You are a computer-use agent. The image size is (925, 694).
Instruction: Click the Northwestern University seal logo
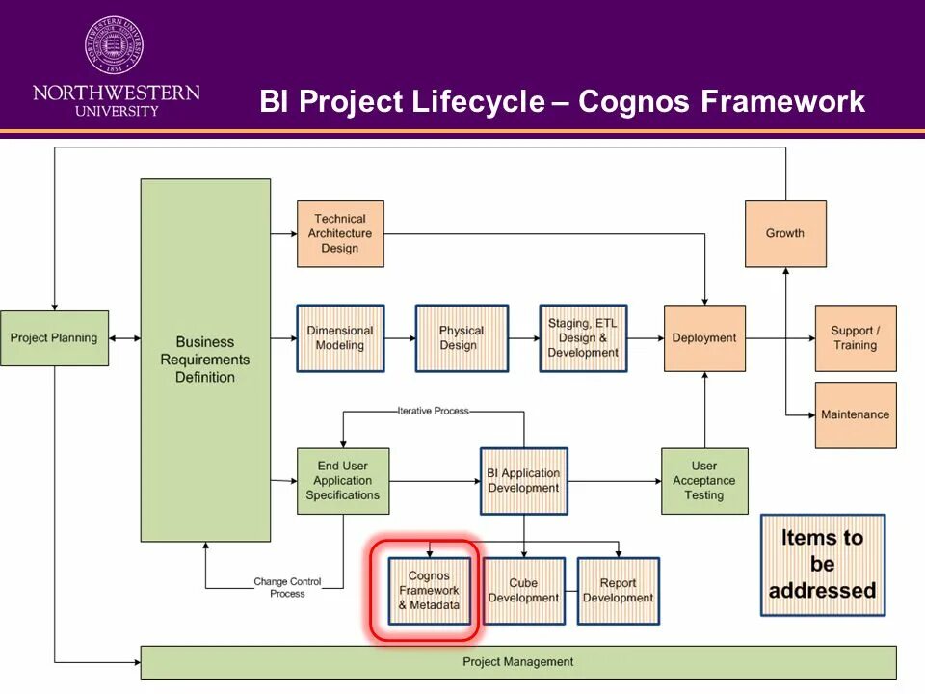115,44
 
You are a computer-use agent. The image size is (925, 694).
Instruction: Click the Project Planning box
54,337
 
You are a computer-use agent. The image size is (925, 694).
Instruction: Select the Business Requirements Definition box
205,360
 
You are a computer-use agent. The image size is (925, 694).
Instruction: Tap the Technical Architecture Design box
340,234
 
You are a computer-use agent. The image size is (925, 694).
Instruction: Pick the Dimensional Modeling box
340,338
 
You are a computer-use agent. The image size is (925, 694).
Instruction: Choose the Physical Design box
462,338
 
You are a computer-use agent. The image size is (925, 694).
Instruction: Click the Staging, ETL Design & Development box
583,338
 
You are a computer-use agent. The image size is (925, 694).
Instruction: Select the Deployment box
704,338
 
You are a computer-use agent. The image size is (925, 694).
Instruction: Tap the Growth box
785,234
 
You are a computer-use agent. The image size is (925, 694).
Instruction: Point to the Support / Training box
856,338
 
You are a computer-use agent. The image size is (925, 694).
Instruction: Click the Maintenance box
856,415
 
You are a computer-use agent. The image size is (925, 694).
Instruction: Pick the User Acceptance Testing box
704,481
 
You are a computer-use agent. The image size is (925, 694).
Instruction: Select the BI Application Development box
523,481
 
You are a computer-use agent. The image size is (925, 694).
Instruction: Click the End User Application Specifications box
342,481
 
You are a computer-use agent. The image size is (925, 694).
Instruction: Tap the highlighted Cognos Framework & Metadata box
429,591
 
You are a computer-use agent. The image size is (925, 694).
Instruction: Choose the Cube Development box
523,591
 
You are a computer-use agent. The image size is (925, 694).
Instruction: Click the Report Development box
618,591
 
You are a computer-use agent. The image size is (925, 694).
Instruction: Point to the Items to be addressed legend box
822,565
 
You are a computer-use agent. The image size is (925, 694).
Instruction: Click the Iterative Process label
433,411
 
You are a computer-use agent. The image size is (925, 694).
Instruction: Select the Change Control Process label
287,587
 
